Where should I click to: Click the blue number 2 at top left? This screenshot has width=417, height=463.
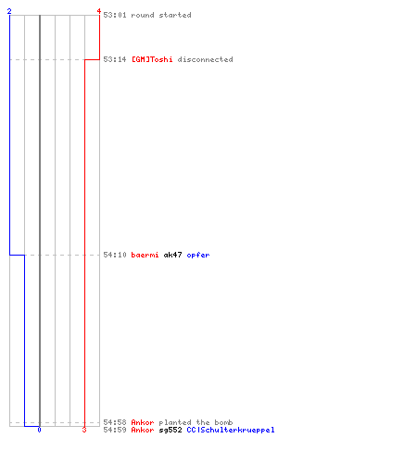(x=9, y=11)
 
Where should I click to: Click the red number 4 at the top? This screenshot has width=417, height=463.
(x=99, y=11)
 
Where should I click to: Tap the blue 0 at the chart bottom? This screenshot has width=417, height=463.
(x=39, y=430)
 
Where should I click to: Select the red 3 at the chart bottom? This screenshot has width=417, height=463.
(x=84, y=430)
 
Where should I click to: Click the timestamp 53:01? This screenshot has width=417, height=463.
(x=115, y=15)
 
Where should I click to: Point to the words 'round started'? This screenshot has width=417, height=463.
(x=161, y=15)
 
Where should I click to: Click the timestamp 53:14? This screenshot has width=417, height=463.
(x=115, y=59)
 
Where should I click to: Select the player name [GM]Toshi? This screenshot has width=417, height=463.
(x=152, y=59)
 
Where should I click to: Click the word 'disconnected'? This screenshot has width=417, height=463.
(x=205, y=59)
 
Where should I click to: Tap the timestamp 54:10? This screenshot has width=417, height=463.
(x=115, y=255)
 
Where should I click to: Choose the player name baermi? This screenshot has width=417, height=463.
(x=145, y=255)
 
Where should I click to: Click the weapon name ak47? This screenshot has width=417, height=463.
(x=172, y=255)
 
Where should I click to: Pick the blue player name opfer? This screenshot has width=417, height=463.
(x=198, y=256)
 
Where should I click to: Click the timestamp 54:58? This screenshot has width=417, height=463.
(x=115, y=422)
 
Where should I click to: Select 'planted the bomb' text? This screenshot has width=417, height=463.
(x=196, y=422)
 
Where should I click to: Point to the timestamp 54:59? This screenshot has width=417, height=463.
(x=115, y=430)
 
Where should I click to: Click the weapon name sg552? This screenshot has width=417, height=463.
(x=171, y=430)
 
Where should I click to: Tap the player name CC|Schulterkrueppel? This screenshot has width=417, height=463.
(x=231, y=430)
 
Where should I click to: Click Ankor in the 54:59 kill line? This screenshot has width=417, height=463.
(x=143, y=430)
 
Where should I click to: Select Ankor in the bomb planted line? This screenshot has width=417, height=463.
(x=143, y=422)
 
